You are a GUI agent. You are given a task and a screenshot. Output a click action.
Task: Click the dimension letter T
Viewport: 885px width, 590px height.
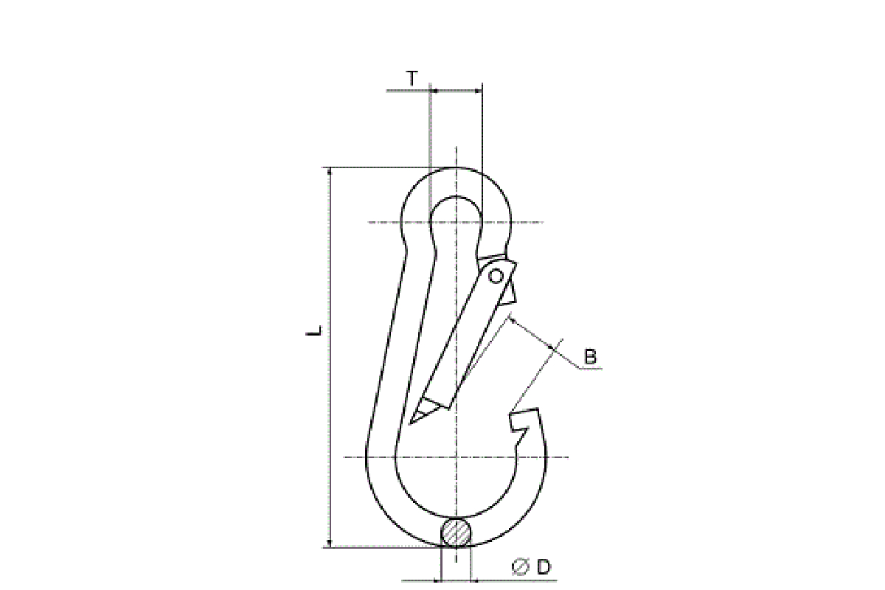pos(412,79)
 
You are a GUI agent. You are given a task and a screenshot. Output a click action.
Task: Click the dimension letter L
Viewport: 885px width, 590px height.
pos(314,330)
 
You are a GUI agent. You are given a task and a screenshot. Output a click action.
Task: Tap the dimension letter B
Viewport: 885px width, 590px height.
pos(590,356)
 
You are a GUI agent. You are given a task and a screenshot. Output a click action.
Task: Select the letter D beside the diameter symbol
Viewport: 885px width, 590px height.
pos(544,567)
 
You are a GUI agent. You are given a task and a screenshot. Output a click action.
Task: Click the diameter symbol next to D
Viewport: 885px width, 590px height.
pos(520,567)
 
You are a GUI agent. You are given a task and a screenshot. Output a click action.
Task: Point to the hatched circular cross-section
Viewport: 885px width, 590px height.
pos(456,532)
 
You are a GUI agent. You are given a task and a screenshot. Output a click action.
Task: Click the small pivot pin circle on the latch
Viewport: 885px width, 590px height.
pos(496,276)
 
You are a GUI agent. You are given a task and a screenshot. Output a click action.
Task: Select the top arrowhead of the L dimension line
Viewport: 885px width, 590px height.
pos(330,171)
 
